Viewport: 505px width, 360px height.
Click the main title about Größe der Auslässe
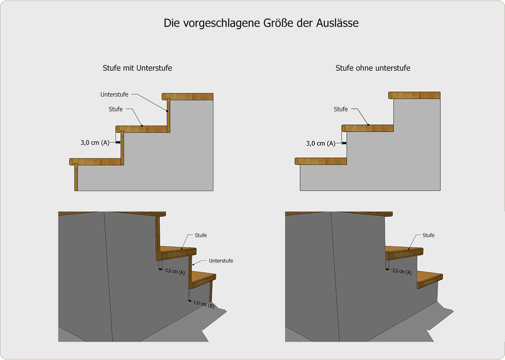[x=261, y=23]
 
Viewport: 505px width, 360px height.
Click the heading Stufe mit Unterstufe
[x=137, y=68]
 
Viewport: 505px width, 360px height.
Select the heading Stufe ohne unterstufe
[x=373, y=68]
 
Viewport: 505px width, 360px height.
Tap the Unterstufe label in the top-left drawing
[x=114, y=95]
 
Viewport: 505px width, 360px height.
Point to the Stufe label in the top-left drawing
[x=116, y=109]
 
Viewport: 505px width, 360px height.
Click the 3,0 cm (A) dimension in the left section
[x=95, y=142]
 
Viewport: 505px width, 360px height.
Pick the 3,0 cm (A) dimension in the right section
[x=321, y=143]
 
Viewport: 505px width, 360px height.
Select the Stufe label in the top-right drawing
[x=341, y=109]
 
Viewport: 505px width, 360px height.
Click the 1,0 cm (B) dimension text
[x=204, y=304]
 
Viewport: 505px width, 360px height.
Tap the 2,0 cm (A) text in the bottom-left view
[x=175, y=272]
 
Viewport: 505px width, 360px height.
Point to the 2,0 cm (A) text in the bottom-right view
[x=402, y=272]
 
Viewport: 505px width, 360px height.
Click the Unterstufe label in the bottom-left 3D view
[x=221, y=261]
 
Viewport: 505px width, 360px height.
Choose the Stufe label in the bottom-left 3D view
[x=201, y=235]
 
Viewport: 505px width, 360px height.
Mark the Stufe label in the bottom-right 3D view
[x=428, y=235]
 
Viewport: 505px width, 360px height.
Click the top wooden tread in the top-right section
[x=414, y=95]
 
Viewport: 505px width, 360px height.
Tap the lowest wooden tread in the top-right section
[x=321, y=161]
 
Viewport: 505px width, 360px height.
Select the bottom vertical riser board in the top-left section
[x=76, y=177]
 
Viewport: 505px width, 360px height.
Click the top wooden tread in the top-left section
[x=188, y=97]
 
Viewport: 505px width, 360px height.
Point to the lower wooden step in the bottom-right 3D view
[x=430, y=279]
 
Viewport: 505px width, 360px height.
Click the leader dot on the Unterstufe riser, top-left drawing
[x=167, y=111]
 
